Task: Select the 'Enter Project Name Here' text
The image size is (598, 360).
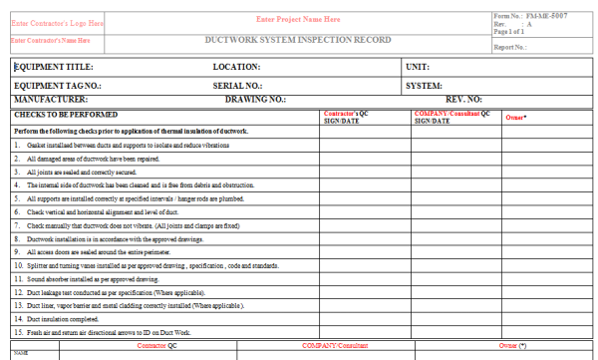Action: coord(298,20)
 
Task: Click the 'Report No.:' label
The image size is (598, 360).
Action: coord(510,47)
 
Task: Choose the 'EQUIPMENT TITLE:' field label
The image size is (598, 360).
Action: coord(52,67)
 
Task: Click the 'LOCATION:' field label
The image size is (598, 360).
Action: coord(237,67)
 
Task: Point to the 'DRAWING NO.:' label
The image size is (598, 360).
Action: coord(256,100)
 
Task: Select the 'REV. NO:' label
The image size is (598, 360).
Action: coord(463,100)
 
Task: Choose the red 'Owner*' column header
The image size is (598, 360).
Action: coord(515,118)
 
